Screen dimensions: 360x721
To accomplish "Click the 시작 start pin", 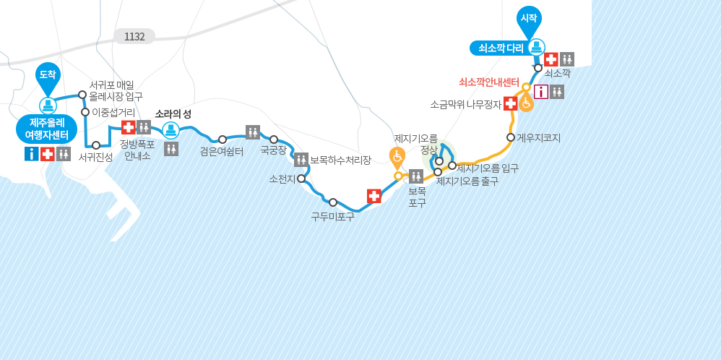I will pyautogui.click(x=529, y=19).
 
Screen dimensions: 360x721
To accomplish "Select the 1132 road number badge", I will pyautogui.click(x=134, y=36).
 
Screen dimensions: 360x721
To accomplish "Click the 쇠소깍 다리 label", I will pyautogui.click(x=499, y=48).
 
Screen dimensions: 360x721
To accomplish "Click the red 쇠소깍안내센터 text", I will pyautogui.click(x=489, y=82).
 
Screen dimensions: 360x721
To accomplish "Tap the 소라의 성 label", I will pyautogui.click(x=173, y=114).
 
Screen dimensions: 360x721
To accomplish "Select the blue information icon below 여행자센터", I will pyautogui.click(x=32, y=154).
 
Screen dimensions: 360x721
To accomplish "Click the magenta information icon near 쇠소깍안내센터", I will pyautogui.click(x=541, y=92).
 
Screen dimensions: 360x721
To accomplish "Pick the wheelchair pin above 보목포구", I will pyautogui.click(x=397, y=157).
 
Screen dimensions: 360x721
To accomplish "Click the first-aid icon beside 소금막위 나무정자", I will pyautogui.click(x=510, y=104).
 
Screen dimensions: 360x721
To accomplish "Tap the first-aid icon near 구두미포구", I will pyautogui.click(x=374, y=196).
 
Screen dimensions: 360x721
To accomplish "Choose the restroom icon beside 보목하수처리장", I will pyautogui.click(x=301, y=160).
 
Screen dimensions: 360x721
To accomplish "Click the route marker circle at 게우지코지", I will pyautogui.click(x=511, y=137).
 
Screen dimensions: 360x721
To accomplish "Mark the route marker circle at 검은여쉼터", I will pyautogui.click(x=223, y=140).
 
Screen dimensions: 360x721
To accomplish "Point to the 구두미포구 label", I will pyautogui.click(x=332, y=216).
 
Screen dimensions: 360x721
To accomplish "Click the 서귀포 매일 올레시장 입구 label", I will pyautogui.click(x=116, y=90).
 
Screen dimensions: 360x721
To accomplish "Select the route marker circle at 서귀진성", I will pyautogui.click(x=96, y=145).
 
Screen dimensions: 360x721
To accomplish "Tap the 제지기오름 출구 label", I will pyautogui.click(x=467, y=181).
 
